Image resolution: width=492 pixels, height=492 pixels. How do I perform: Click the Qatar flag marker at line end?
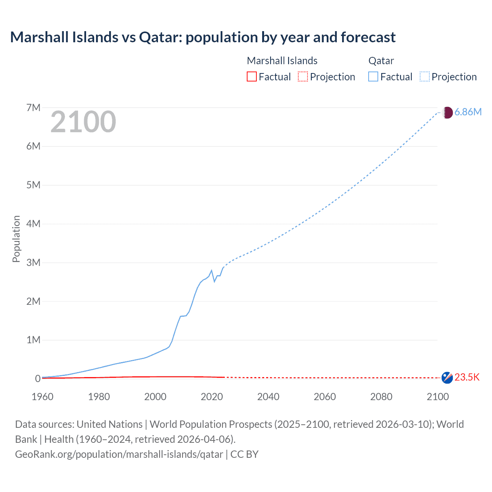[447, 113]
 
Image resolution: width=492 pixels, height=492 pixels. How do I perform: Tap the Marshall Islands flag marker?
[447, 377]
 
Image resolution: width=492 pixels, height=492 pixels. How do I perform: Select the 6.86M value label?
[468, 112]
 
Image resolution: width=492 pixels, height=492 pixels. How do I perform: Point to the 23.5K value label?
[467, 377]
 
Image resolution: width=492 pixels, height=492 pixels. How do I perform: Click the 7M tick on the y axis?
[33, 108]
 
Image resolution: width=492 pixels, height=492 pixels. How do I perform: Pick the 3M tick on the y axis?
[33, 263]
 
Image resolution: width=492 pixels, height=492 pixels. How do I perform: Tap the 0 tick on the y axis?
[38, 379]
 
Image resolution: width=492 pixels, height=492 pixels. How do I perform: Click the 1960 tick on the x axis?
[42, 397]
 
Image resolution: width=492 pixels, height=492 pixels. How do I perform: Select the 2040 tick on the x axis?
[268, 397]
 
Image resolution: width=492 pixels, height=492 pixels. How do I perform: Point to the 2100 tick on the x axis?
[437, 397]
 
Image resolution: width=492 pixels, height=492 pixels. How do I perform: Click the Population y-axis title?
[16, 239]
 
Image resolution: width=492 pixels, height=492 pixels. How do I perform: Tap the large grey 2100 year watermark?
[83, 122]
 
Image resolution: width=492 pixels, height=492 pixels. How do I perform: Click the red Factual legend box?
[252, 77]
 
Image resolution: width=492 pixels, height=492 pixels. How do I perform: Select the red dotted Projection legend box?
[303, 77]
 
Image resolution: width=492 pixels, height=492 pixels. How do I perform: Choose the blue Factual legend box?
[373, 77]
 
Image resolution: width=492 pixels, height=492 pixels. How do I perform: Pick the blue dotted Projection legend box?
[425, 77]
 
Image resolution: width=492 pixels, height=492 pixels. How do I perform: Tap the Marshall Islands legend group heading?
[282, 61]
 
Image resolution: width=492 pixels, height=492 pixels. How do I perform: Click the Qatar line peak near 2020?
[211, 271]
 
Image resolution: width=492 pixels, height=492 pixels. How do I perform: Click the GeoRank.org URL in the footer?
[119, 454]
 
